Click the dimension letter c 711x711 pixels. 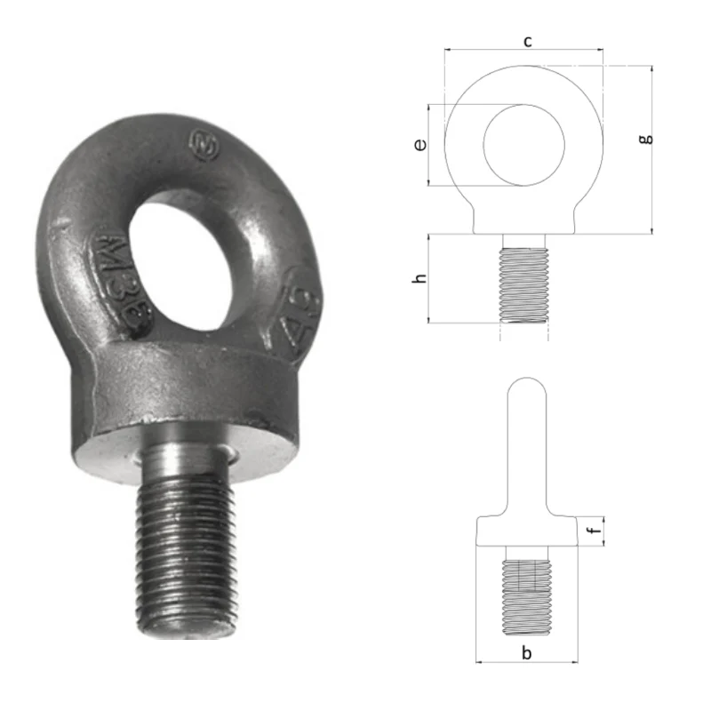528,41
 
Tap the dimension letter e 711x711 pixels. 420,145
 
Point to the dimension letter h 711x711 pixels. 420,278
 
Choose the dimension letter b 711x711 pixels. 526,653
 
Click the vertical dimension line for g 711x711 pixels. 652,151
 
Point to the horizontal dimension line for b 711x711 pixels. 526,662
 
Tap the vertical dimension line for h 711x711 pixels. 430,278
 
